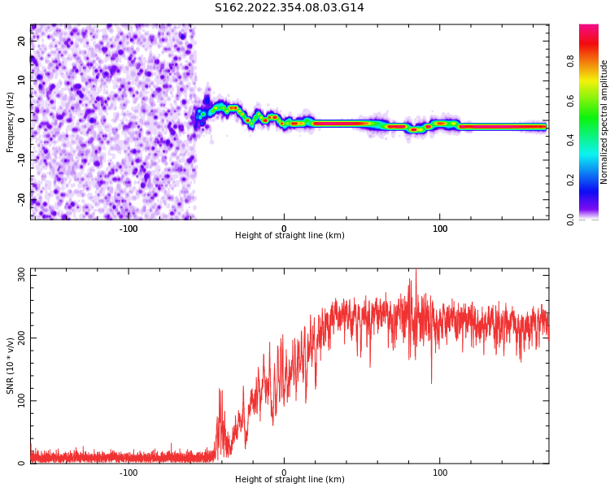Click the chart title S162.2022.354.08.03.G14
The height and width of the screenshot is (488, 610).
point(290,8)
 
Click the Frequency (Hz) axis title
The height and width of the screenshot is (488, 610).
point(11,122)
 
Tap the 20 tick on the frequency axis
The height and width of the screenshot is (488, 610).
point(22,41)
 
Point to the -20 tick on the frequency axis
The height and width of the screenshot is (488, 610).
point(22,198)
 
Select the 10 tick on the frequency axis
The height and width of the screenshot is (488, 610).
point(22,81)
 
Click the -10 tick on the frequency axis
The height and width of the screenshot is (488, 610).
point(22,159)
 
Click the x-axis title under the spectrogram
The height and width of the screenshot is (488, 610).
point(290,236)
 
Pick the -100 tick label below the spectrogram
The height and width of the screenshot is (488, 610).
point(129,229)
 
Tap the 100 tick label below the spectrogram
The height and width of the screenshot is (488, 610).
point(440,229)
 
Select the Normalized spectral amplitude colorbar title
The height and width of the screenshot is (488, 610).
point(604,122)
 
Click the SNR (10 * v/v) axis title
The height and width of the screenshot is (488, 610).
point(11,366)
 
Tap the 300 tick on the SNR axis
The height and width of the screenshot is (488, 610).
point(22,275)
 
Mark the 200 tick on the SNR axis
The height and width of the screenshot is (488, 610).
point(22,338)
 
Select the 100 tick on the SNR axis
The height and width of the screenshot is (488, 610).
point(22,401)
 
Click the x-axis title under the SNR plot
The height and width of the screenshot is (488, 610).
point(290,480)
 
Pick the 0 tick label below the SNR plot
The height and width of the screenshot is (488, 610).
point(284,473)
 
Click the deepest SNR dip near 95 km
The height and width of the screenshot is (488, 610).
point(431,382)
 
